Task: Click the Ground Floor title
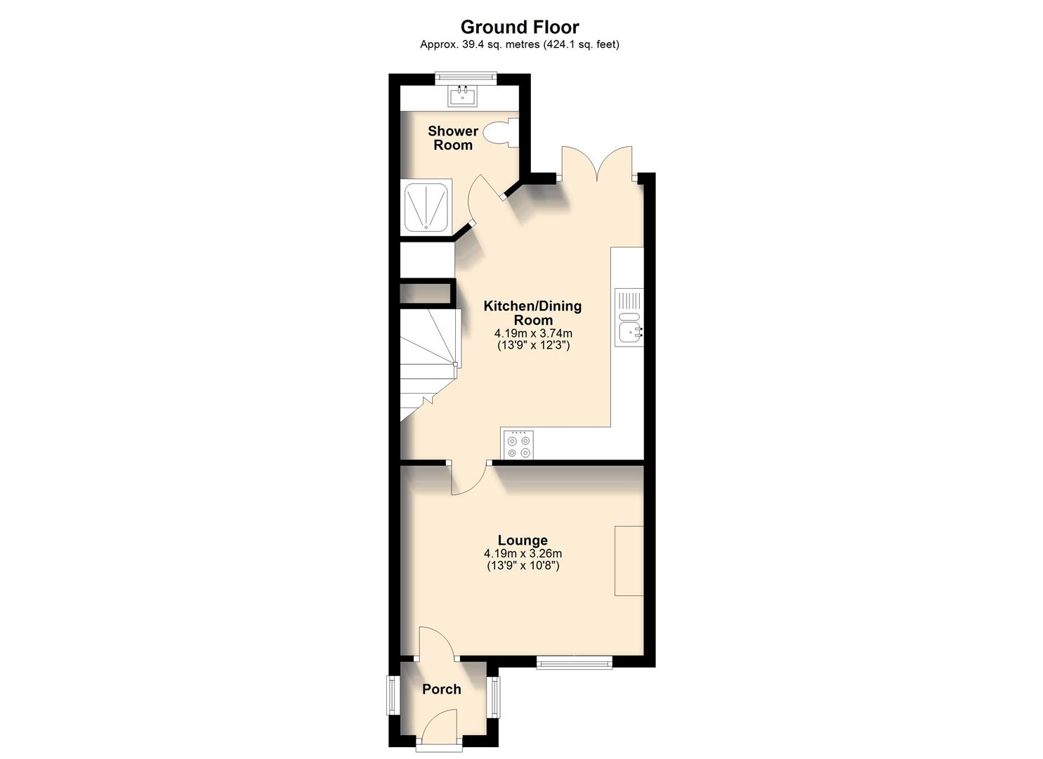point(520,27)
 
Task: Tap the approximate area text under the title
point(520,44)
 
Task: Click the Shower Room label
point(453,138)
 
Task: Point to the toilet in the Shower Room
point(502,132)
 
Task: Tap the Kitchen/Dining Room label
point(532,313)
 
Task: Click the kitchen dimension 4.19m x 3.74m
point(533,333)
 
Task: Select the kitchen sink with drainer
point(629,317)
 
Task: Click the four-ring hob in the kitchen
point(518,444)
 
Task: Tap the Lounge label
point(523,540)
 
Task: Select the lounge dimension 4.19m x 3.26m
point(523,554)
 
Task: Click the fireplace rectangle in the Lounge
point(629,560)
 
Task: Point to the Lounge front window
point(575,662)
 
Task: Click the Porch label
point(442,689)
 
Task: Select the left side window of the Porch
point(394,696)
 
